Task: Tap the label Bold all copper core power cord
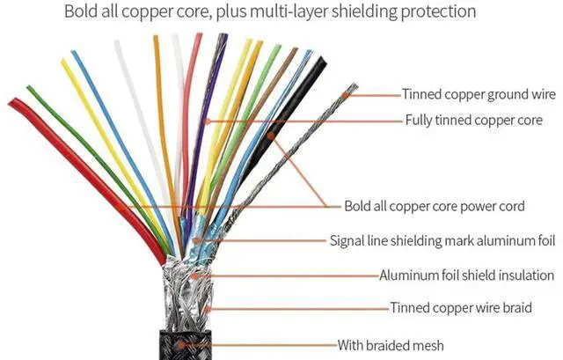point(435,207)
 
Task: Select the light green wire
point(255,97)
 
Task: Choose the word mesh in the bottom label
point(427,344)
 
